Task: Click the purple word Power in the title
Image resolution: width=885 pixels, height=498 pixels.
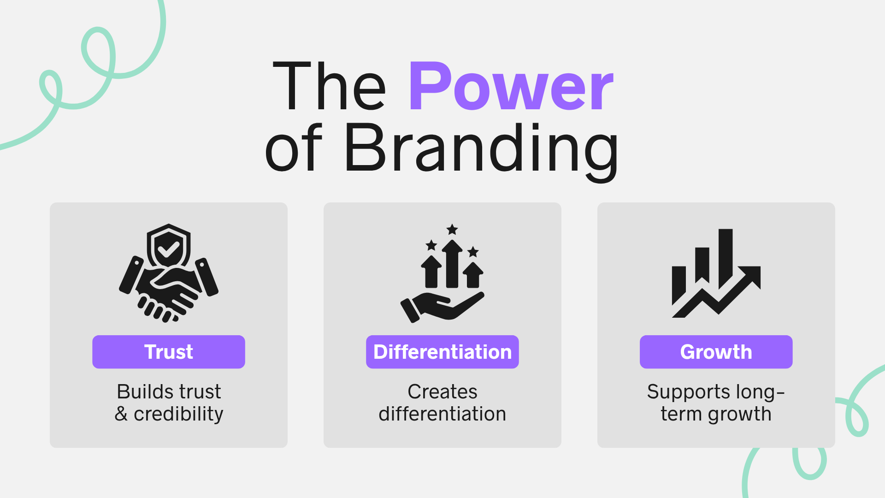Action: tap(511, 86)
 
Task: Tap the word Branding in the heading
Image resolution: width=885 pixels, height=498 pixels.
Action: tap(481, 151)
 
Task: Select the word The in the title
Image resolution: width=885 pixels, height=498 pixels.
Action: tap(329, 86)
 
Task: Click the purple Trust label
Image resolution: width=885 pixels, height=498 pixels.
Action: tap(169, 352)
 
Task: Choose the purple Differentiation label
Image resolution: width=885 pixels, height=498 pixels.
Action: tap(442, 352)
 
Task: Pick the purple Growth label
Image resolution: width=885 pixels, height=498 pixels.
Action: tap(716, 352)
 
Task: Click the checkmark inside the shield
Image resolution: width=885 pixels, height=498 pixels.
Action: tap(168, 249)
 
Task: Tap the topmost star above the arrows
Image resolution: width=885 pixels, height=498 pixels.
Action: tap(452, 229)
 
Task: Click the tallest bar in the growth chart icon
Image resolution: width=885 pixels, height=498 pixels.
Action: tap(726, 258)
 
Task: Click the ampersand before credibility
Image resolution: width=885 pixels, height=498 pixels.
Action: tap(121, 414)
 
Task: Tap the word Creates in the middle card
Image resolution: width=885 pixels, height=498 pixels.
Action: tap(442, 391)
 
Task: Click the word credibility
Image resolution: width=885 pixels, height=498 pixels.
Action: tap(178, 415)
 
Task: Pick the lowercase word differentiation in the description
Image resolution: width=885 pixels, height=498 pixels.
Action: tap(442, 414)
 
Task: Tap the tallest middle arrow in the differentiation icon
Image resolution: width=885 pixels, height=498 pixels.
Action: tap(452, 263)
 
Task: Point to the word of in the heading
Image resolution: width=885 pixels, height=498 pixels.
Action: tap(294, 148)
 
